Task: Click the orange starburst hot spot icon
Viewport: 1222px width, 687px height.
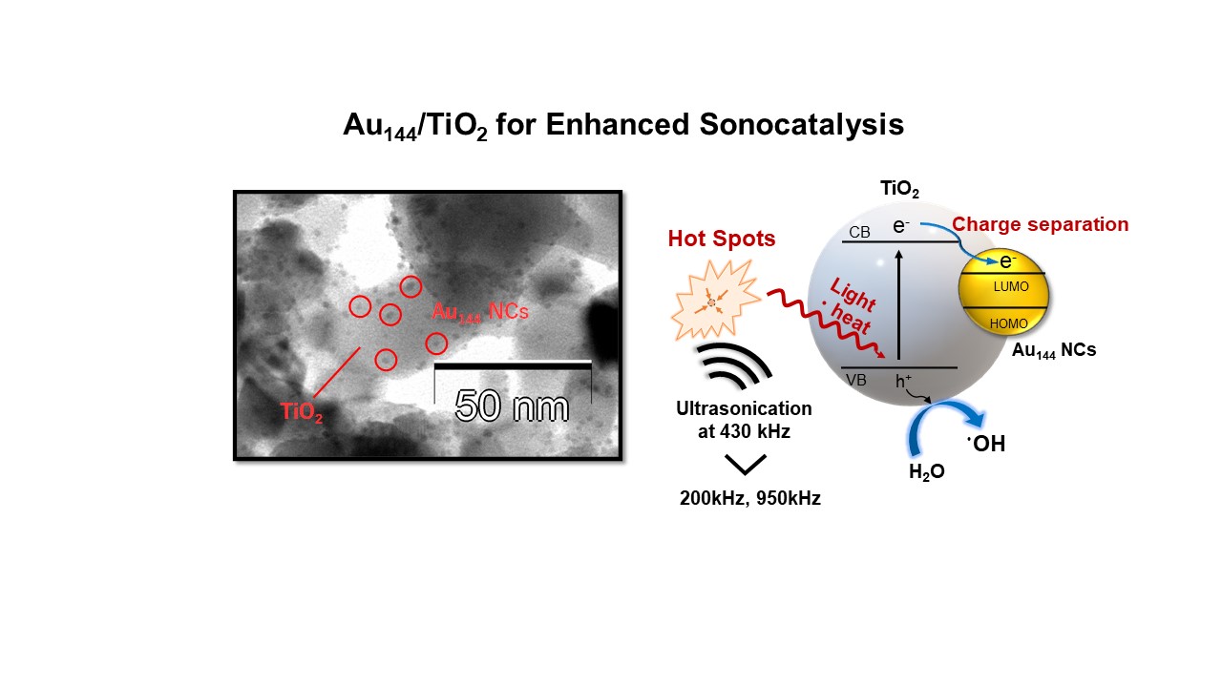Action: pyautogui.click(x=712, y=302)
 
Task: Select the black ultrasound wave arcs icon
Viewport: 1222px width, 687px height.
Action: pyautogui.click(x=732, y=367)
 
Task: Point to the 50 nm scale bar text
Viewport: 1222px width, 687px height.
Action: pyautogui.click(x=512, y=406)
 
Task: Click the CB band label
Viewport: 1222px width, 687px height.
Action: pyautogui.click(x=858, y=232)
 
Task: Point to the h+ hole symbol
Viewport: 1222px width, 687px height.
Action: pyautogui.click(x=904, y=380)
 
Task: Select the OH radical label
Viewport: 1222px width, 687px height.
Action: pyautogui.click(x=986, y=444)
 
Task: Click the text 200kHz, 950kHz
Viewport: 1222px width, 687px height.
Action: pyautogui.click(x=750, y=498)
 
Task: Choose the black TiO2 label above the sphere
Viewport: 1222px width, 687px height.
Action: pyautogui.click(x=898, y=191)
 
